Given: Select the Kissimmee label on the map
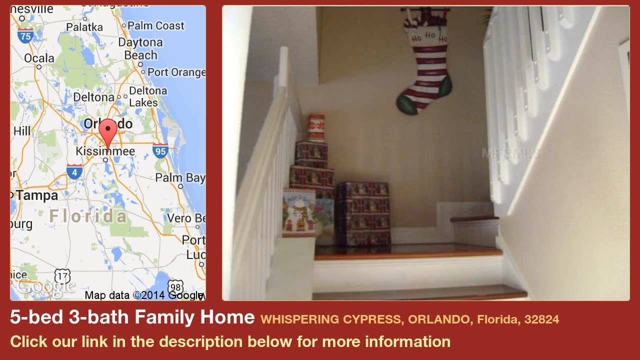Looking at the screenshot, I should pyautogui.click(x=105, y=151).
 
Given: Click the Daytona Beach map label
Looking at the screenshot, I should pyautogui.click(x=140, y=48).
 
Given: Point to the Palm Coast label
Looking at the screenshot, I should pyautogui.click(x=156, y=25).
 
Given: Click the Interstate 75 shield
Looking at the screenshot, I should pyautogui.click(x=25, y=35).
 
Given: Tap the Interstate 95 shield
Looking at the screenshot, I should pyautogui.click(x=160, y=150).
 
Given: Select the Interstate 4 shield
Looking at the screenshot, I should pyautogui.click(x=74, y=171).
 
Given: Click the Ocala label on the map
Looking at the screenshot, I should pyautogui.click(x=39, y=58).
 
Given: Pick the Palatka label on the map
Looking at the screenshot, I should pyautogui.click(x=84, y=27).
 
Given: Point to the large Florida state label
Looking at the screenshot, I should pyautogui.click(x=88, y=216).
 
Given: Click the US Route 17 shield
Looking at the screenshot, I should pyautogui.click(x=62, y=276).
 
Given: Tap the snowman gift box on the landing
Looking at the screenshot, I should pyautogui.click(x=298, y=212).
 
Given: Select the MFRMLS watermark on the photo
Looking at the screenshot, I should pyautogui.click(x=510, y=153).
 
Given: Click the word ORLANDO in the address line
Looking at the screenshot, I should pyautogui.click(x=439, y=319).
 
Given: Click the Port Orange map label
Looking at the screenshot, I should pyautogui.click(x=176, y=72).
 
